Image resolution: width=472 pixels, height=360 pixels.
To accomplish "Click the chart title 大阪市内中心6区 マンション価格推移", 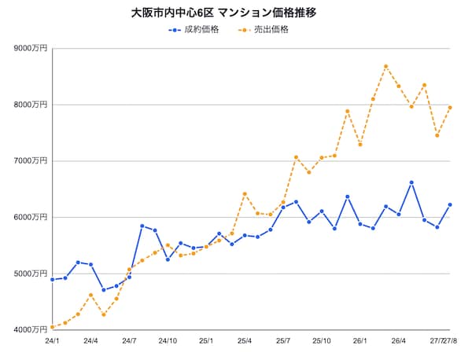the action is pos(223,13).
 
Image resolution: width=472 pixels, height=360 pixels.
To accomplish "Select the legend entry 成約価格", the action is pos(194,29).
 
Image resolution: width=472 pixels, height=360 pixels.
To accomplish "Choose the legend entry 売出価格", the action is pos(263,29).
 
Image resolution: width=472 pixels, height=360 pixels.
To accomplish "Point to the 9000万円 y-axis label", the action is pos(31,48).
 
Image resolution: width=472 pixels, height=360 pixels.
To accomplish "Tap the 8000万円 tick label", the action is pos(31,105).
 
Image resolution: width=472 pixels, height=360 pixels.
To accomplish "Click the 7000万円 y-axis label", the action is pos(31,161).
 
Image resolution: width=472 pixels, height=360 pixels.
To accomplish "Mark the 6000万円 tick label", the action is pos(31,217).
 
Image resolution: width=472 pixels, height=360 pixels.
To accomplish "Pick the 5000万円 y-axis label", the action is pos(31,274).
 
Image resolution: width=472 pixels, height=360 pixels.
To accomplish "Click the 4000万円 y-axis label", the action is pos(31,330).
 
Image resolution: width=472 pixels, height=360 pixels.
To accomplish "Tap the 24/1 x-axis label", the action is pos(52,341).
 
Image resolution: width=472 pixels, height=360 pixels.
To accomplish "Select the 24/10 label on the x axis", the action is pos(168,341).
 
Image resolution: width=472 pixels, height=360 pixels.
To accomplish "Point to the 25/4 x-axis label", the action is pos(245,341).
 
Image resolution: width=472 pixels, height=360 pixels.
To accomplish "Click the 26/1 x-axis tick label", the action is pos(360,341).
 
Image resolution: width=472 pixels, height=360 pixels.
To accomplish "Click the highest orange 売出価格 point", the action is pos(386,66).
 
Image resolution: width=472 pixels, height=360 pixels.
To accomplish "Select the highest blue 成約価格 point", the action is pos(411,182).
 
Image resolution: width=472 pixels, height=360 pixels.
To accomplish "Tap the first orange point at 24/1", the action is pos(53,327).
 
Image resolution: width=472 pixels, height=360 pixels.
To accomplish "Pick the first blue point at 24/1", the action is pos(53,280).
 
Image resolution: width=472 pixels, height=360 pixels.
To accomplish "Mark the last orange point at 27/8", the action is pos(450,108).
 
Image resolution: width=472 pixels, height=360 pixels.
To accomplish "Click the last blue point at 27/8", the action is pos(450,205).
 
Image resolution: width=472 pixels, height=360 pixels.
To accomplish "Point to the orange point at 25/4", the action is pos(245,194).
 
